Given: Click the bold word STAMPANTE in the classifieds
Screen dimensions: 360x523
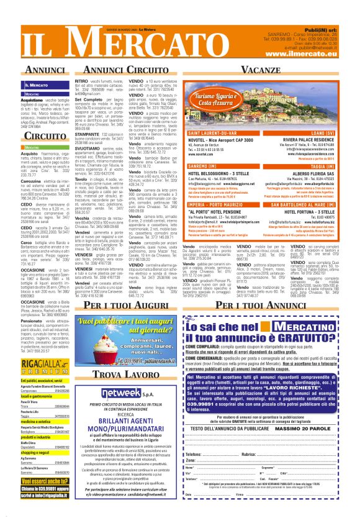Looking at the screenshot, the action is coord(88,134).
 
